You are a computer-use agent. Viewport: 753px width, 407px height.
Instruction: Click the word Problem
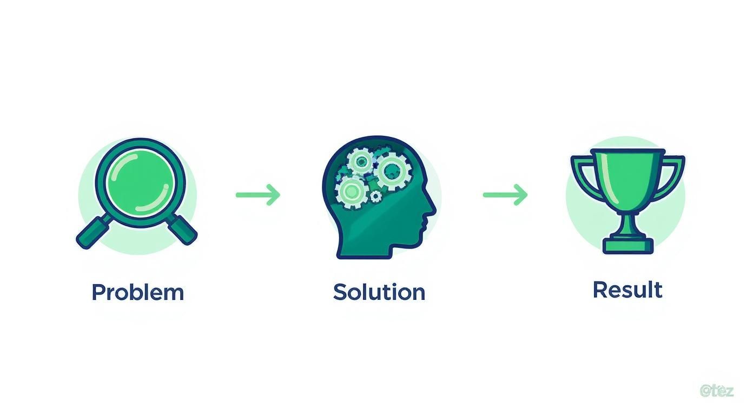(x=138, y=292)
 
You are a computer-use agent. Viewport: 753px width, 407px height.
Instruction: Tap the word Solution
(x=379, y=292)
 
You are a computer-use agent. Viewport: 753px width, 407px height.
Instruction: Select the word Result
(x=627, y=290)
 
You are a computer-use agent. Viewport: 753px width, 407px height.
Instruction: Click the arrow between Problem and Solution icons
(x=259, y=195)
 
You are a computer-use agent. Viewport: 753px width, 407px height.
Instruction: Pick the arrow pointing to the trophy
(x=505, y=195)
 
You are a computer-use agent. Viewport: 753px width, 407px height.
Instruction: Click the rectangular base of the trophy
(x=628, y=246)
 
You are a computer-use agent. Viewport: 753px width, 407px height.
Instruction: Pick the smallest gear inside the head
(x=375, y=196)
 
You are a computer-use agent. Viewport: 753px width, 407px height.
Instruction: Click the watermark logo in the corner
(x=716, y=391)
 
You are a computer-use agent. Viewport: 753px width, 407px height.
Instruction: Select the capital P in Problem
(x=98, y=292)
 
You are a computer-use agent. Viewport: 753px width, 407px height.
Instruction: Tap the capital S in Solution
(x=340, y=292)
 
